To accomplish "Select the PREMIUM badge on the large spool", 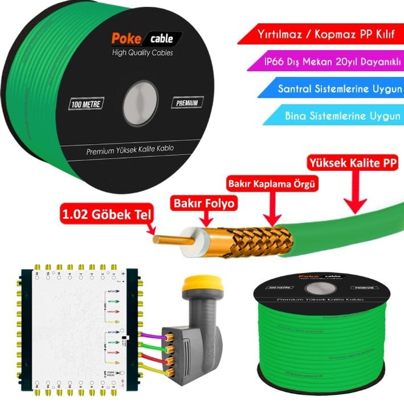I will [187, 103].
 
